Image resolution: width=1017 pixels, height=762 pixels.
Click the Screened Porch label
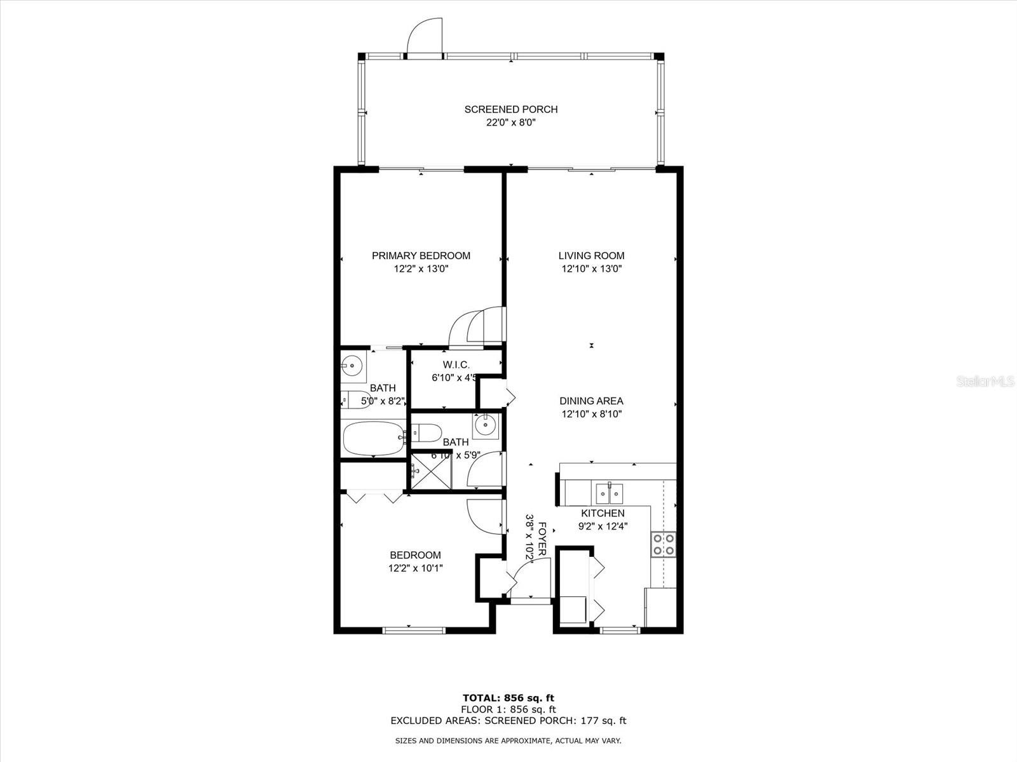coord(510,109)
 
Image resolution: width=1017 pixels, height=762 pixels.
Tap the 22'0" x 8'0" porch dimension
coord(510,123)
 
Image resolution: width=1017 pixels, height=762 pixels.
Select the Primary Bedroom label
coord(421,255)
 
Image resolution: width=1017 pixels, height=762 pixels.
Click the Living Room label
coord(591,255)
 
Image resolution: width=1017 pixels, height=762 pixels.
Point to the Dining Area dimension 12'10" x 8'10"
coord(591,414)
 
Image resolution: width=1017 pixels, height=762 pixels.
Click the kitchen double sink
coord(609,492)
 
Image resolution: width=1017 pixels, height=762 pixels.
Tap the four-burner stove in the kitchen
coord(663,545)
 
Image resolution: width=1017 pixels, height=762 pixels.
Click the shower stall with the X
coord(432,471)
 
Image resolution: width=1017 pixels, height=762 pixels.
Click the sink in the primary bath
coord(351,365)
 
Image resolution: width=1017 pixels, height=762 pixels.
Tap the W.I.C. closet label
coord(456,364)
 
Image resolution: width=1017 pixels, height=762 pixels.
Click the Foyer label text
coord(542,539)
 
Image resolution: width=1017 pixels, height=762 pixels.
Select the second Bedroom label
coord(415,555)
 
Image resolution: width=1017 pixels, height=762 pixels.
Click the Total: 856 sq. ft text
coord(508,698)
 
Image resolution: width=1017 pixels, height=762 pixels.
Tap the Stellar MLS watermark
coord(985,381)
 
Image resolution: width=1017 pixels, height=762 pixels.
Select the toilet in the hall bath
coord(427,434)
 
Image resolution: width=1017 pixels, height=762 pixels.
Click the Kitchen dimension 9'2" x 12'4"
coord(603,526)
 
